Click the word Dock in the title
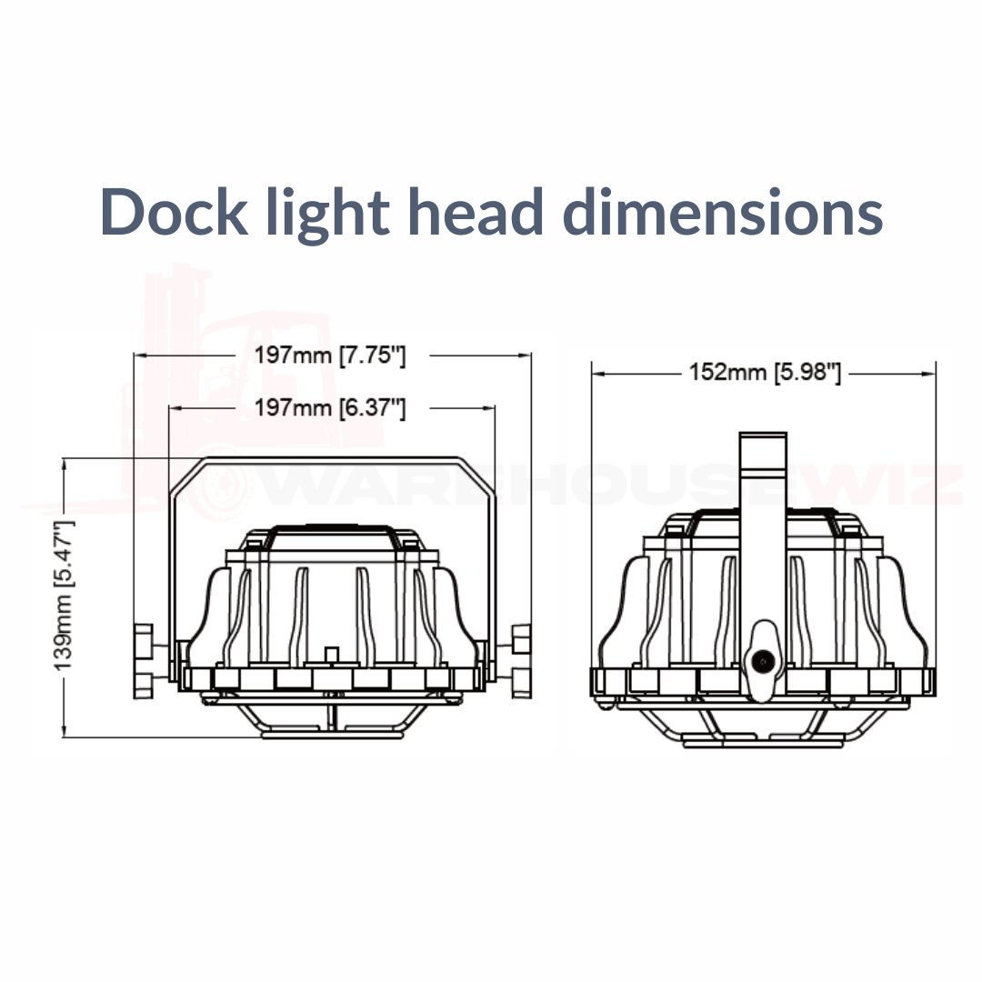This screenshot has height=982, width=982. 174,211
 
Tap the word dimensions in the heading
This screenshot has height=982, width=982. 723,211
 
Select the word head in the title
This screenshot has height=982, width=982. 476,211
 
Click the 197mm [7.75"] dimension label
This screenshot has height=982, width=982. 330,356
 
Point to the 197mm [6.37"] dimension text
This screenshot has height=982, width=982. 330,408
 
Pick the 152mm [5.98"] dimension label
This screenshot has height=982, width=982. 765,373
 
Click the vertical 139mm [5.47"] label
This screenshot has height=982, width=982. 64,595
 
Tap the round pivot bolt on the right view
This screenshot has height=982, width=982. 763,661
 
